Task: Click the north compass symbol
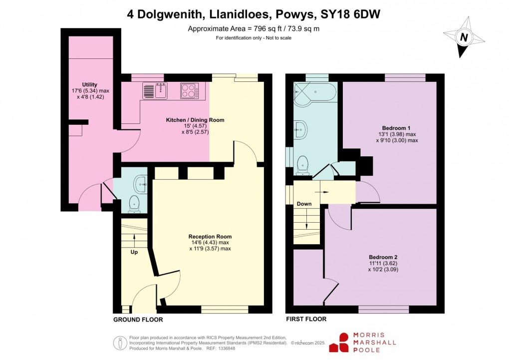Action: (465, 37)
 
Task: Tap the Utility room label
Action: (90, 85)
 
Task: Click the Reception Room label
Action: (210, 237)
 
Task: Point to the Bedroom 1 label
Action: (396, 128)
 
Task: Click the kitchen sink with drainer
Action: (155, 91)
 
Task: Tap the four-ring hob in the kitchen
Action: (190, 91)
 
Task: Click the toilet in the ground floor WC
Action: (134, 203)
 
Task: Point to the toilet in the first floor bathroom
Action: (302, 164)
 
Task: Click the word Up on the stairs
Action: (134, 252)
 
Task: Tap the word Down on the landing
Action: (304, 204)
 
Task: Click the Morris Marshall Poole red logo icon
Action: (344, 342)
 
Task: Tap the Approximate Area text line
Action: (254, 28)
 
